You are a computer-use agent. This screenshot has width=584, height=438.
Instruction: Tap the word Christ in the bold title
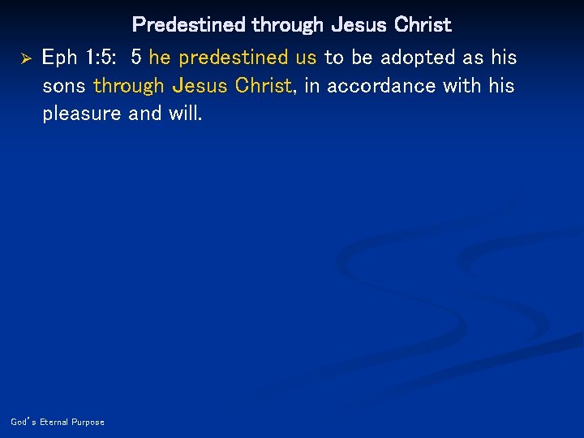point(422,25)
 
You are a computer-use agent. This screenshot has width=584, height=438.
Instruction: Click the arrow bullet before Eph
point(24,58)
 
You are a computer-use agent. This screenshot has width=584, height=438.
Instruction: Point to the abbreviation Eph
point(61,58)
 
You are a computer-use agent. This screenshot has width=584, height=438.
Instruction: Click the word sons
point(64,86)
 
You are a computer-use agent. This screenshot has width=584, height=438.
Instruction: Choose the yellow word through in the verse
point(129,86)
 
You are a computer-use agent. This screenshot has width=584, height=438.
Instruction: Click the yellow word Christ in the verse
point(262,86)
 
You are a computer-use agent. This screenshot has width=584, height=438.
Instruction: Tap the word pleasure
point(83,114)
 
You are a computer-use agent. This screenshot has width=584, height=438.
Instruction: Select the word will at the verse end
point(185,114)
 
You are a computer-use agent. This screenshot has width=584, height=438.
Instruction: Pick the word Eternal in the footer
point(52,422)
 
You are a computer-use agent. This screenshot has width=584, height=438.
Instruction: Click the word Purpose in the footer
point(88,422)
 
